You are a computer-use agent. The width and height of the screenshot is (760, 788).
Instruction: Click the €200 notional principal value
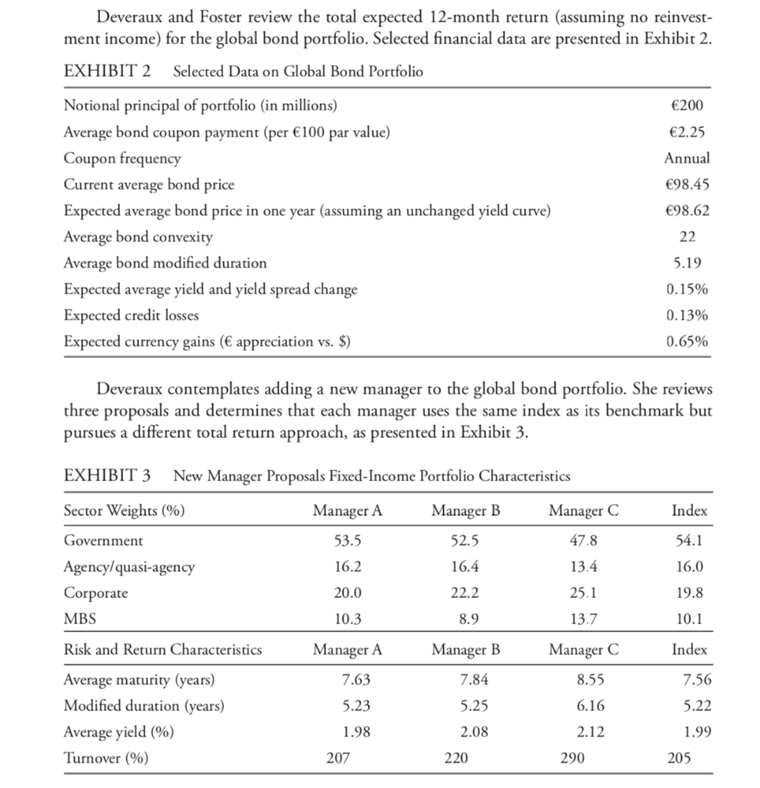pyautogui.click(x=687, y=105)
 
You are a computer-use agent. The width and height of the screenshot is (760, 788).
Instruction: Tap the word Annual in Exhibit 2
pyautogui.click(x=686, y=158)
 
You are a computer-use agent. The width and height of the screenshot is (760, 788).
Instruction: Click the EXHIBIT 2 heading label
pyautogui.click(x=106, y=72)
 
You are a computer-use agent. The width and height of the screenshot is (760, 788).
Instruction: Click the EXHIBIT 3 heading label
pyautogui.click(x=106, y=475)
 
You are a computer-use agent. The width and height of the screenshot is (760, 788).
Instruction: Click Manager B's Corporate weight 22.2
pyautogui.click(x=466, y=593)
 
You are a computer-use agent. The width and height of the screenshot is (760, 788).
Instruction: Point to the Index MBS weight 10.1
pyautogui.click(x=689, y=619)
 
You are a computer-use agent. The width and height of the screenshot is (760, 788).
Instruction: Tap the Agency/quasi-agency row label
pyautogui.click(x=128, y=566)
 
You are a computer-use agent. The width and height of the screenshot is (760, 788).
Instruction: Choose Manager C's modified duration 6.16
pyautogui.click(x=583, y=706)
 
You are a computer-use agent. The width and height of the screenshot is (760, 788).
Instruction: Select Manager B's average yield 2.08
pyautogui.click(x=466, y=732)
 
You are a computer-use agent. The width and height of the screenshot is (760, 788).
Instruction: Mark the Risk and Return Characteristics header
pyautogui.click(x=162, y=649)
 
